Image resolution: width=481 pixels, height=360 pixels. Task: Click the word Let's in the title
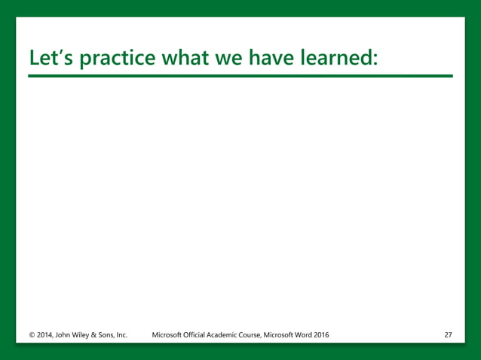click(x=50, y=58)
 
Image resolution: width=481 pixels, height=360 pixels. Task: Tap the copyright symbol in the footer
click(x=32, y=334)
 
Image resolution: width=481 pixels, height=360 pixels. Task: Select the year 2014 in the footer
click(x=46, y=334)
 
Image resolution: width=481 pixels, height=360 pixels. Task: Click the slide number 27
click(x=449, y=334)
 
